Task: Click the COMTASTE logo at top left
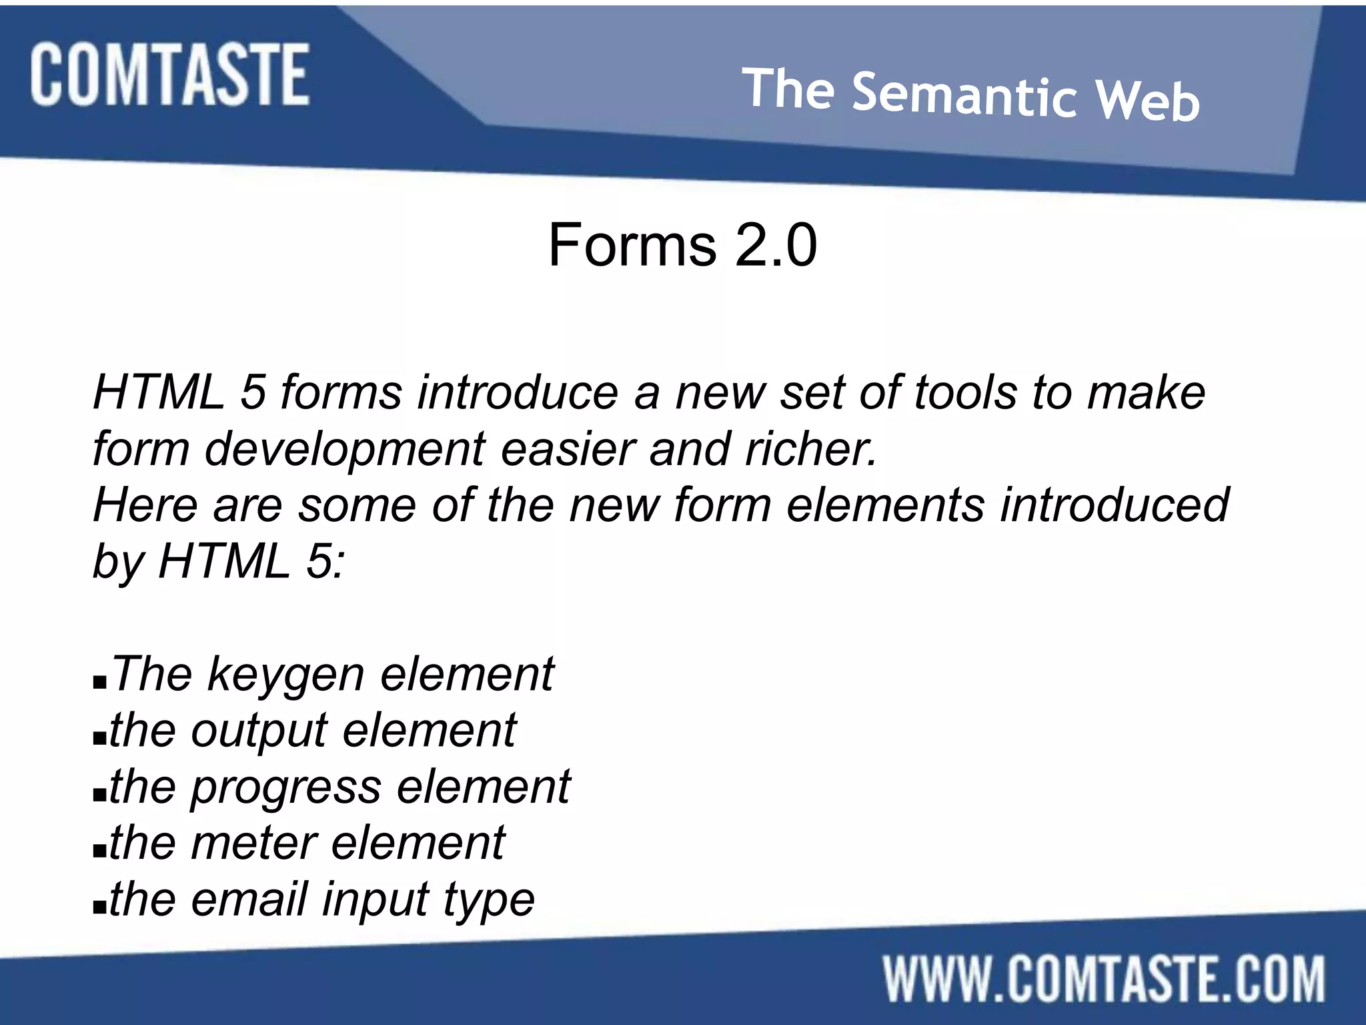pos(169,74)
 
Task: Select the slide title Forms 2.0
pos(682,245)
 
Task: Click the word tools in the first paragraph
pos(964,392)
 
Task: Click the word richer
pos(810,448)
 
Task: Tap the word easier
pos(567,448)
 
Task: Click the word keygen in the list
pos(286,674)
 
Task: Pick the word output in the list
pos(259,731)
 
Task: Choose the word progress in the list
pos(285,787)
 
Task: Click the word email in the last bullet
pos(248,899)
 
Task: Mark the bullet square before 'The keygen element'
pos(100,683)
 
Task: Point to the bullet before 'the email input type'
pos(100,908)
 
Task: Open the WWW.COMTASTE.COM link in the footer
pos(1104,979)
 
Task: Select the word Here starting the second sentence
pos(145,504)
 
